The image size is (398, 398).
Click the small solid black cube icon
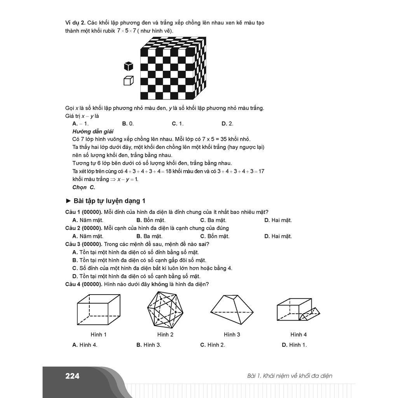coord(129,66)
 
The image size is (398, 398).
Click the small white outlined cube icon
coord(129,81)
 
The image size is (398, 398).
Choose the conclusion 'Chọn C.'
coord(84,187)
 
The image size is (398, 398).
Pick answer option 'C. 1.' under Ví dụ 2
coord(178,124)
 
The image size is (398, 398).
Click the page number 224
coord(72,376)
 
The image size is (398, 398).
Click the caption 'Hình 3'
coord(232,334)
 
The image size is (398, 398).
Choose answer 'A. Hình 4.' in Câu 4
coord(85,345)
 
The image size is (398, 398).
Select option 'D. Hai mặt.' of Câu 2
coord(278,236)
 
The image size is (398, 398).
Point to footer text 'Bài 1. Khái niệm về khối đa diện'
coord(290,376)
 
